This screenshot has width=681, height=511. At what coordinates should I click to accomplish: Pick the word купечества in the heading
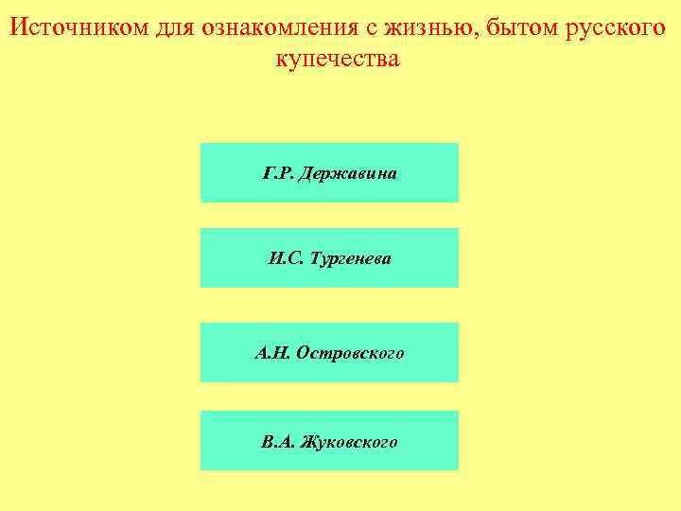[338, 59]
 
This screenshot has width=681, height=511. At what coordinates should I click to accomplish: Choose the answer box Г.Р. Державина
[329, 172]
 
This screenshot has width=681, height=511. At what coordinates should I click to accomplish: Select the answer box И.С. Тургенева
[329, 257]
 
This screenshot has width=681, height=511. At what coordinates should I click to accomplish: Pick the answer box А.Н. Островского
[329, 352]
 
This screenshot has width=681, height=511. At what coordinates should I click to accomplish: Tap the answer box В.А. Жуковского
[329, 441]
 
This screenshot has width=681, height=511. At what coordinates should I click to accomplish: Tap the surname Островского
[350, 353]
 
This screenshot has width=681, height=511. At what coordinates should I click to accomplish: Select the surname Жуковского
[347, 442]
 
